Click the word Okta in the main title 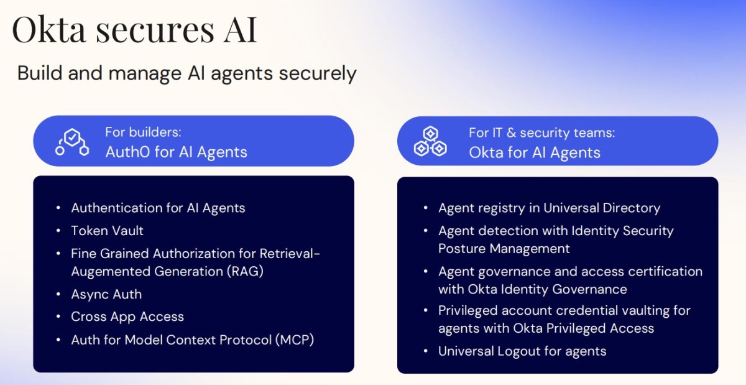point(49,30)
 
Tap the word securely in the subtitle point(318,73)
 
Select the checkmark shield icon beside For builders point(72,142)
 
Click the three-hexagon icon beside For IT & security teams point(430,141)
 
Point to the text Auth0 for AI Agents point(176,152)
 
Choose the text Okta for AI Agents point(535,153)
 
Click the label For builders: point(143,132)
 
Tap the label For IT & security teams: point(542,132)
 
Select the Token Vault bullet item point(107,231)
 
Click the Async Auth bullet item point(106,294)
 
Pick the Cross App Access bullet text point(127,317)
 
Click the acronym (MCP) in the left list point(295,340)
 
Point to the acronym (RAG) point(245,271)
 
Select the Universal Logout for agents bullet point(522,351)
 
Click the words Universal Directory point(602,208)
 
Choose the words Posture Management point(504,249)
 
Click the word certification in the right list point(665,271)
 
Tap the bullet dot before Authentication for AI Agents point(58,208)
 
